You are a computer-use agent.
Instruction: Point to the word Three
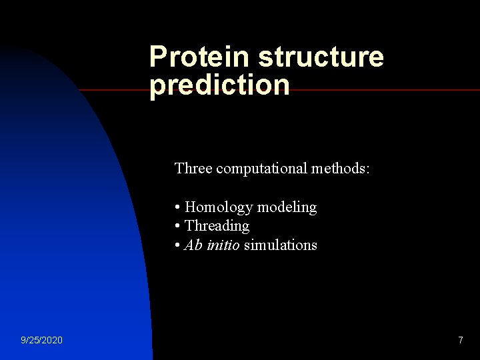tap(193, 169)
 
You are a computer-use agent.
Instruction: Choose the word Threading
tap(217, 226)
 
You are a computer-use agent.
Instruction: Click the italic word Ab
tap(193, 245)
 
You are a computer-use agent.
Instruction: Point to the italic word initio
tap(223, 245)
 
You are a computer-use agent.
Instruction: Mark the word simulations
tap(281, 245)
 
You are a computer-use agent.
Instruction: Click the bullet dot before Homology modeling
tap(177, 208)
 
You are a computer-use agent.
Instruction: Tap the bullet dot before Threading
tap(177, 227)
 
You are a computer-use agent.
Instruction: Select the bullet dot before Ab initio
tap(177, 245)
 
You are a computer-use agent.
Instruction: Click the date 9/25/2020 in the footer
tap(41, 341)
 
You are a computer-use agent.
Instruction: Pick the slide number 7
tap(460, 341)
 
